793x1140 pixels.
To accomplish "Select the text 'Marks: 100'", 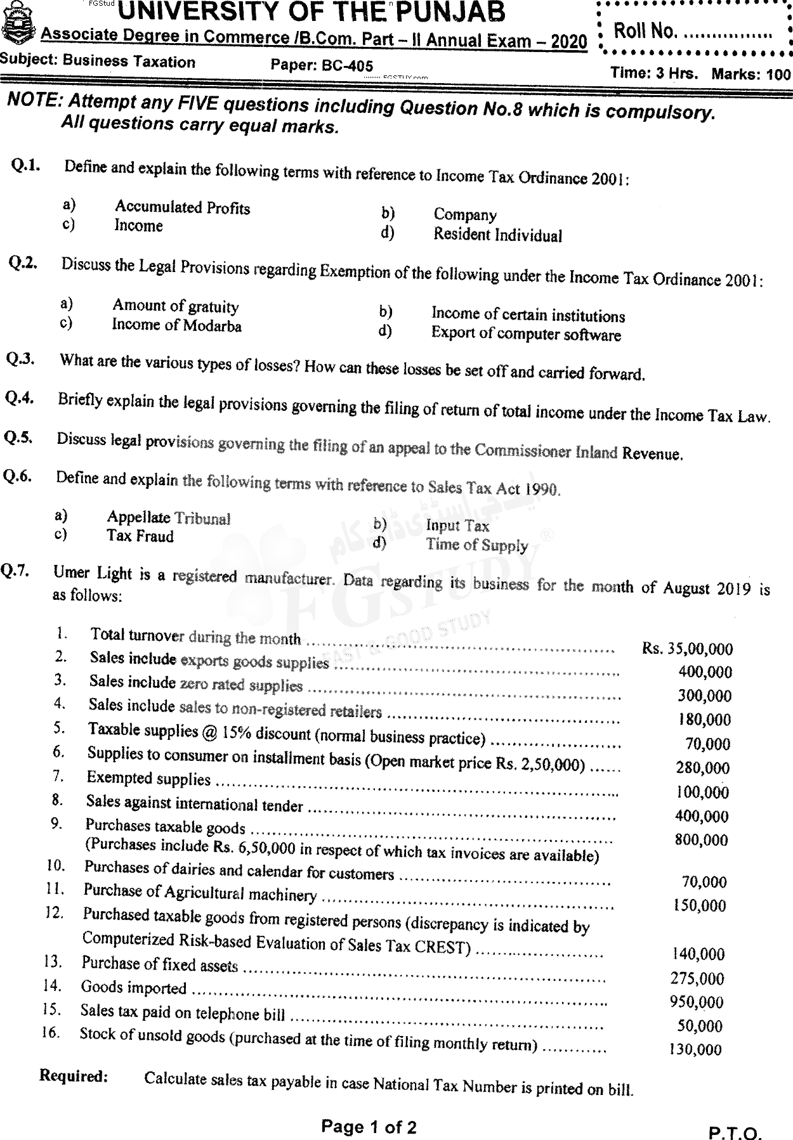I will pyautogui.click(x=751, y=74).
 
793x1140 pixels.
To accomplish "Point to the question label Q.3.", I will pyautogui.click(x=20, y=359).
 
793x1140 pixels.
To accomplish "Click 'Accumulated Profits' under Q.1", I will pyautogui.click(x=182, y=207).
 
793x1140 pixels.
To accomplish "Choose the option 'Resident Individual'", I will pyautogui.click(x=497, y=235).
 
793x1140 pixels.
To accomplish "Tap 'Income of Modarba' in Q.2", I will pyautogui.click(x=176, y=325).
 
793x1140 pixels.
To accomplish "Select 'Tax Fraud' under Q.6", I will pyautogui.click(x=140, y=536).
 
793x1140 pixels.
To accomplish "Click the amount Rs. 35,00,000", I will pyautogui.click(x=687, y=648).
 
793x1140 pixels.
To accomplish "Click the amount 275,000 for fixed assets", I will pyautogui.click(x=697, y=978).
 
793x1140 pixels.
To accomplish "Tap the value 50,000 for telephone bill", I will pyautogui.click(x=700, y=1026).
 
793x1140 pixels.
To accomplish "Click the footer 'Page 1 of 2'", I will pyautogui.click(x=369, y=1127).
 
